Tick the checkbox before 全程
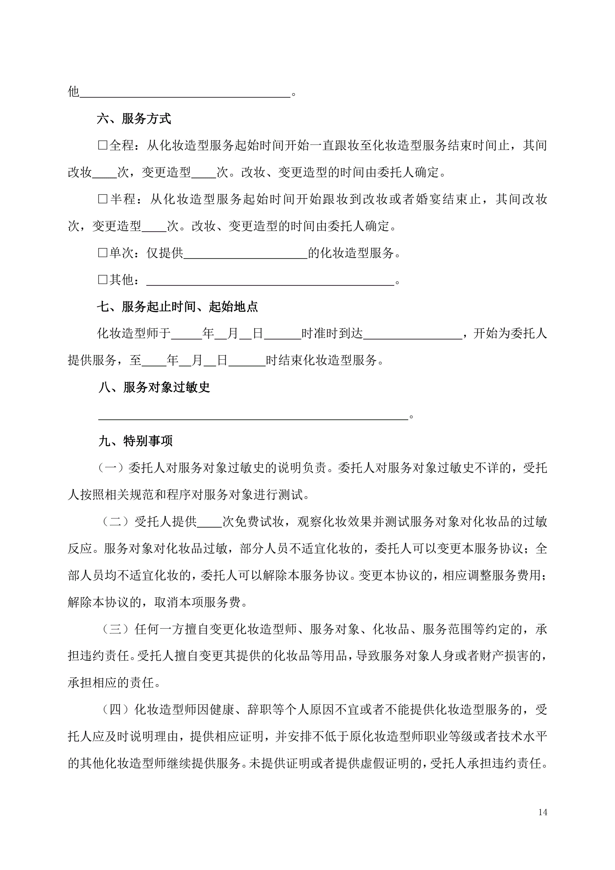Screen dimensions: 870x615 pos(103,146)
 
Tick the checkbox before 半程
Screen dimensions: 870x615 pos(103,199)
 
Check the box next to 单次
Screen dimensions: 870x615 pos(103,253)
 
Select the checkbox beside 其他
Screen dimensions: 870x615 pos(103,280)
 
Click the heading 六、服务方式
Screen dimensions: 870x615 pos(134,119)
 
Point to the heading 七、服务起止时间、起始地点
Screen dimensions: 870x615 pos(177,307)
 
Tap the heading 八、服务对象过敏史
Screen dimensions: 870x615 pos(154,387)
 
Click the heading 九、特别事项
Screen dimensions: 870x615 pos(135,441)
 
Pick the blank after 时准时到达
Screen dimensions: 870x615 pos(412,335)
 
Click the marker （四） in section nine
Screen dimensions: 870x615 pos(115,710)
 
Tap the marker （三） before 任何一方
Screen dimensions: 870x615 pos(115,629)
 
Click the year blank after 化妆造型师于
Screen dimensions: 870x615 pos(186,335)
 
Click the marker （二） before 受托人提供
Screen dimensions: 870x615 pos(115,522)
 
